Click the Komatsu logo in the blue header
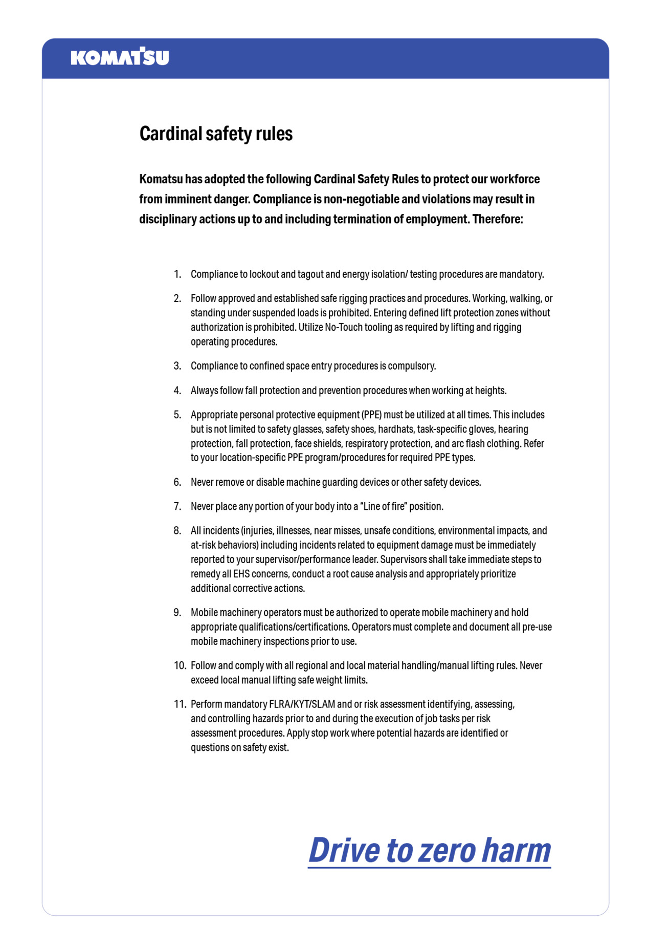(x=120, y=57)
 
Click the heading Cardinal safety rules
(x=216, y=134)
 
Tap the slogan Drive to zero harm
(x=429, y=850)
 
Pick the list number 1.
(x=177, y=274)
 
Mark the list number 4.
(x=177, y=391)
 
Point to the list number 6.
(x=177, y=482)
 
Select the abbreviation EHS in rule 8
(x=241, y=574)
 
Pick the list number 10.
(x=180, y=665)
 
